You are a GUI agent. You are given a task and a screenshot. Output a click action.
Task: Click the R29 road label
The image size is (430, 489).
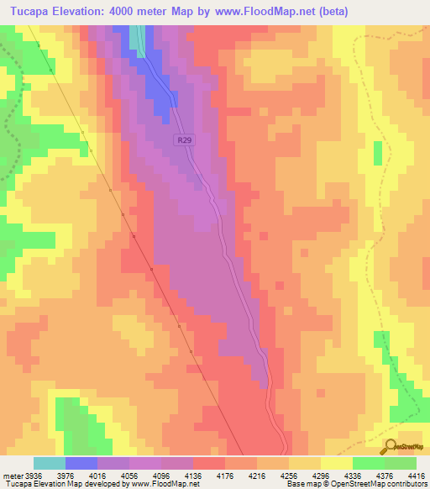(x=186, y=142)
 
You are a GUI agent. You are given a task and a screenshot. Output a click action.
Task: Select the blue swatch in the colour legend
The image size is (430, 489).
(x=81, y=463)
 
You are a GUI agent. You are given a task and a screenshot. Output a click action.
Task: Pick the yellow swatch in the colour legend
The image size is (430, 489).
(x=336, y=463)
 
